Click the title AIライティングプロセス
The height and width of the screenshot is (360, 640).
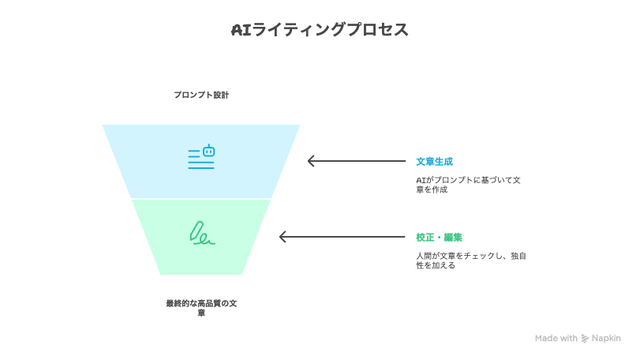tap(320, 30)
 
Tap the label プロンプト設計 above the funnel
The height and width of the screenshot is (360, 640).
tap(201, 95)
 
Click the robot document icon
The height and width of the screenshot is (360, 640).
tap(201, 157)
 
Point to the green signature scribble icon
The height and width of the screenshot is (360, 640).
tap(201, 233)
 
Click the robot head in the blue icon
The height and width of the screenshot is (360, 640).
tap(209, 149)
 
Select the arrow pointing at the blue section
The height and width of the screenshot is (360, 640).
tap(355, 161)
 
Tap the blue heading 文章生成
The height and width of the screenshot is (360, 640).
tap(434, 162)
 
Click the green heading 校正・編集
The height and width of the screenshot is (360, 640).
tap(439, 237)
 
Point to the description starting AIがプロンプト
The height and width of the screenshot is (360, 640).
tap(468, 185)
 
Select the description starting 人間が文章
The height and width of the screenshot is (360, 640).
tap(470, 261)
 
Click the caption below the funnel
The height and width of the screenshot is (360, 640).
tap(201, 307)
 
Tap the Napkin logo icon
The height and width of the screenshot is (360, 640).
tap(585, 339)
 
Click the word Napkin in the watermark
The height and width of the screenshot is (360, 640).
tap(606, 339)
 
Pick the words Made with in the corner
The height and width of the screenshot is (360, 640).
tap(556, 339)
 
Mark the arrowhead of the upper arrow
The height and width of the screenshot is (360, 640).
tap(311, 161)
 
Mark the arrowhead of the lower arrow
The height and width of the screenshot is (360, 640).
tap(283, 236)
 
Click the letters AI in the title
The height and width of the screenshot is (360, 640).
tap(239, 30)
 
